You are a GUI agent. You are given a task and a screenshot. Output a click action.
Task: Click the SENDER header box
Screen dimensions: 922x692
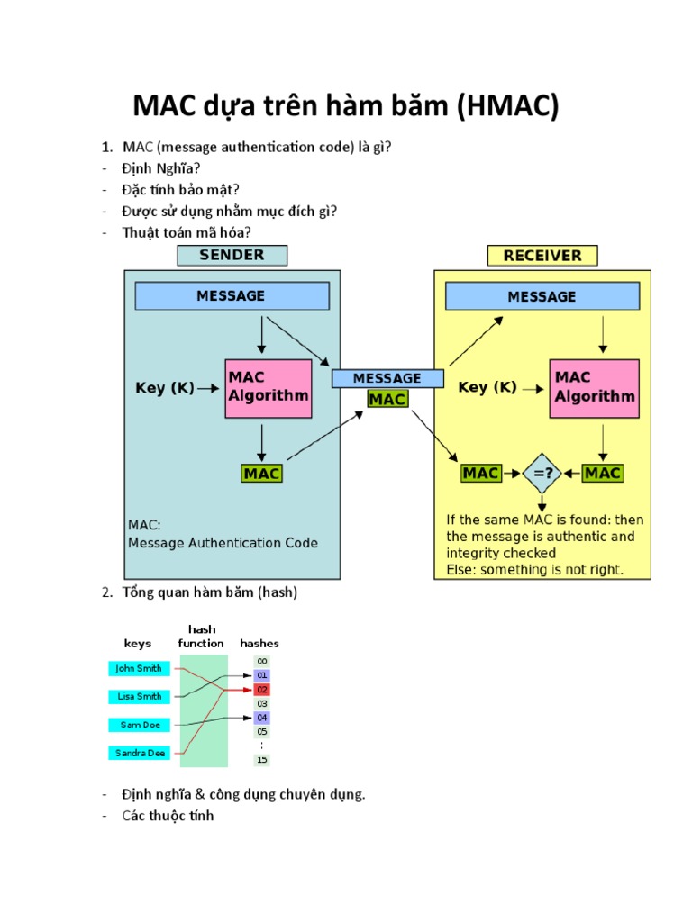[x=232, y=255]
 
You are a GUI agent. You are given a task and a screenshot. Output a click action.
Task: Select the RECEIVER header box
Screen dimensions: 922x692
[x=542, y=255]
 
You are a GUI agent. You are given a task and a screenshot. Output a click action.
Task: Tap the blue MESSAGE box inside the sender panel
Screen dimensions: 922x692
[x=232, y=295]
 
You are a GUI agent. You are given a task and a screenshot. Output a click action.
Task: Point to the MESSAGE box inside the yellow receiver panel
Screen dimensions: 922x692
[x=542, y=296]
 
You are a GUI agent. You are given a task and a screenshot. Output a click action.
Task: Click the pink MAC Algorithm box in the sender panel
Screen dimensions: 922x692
[x=268, y=388]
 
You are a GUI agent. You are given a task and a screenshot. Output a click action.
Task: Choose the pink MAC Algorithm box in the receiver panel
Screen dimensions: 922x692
[x=594, y=388]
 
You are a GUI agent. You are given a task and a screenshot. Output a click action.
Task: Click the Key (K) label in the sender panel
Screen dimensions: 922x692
[x=165, y=388]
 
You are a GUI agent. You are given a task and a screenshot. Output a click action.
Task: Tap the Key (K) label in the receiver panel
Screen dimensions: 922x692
[x=487, y=387]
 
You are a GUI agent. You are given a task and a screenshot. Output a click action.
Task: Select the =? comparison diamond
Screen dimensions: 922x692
[x=542, y=473]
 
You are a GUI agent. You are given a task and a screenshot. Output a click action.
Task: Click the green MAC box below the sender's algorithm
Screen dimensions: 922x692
[x=262, y=473]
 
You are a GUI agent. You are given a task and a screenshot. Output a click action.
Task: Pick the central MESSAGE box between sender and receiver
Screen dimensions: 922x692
[x=387, y=378]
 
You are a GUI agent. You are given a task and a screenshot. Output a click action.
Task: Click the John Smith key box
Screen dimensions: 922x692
[x=139, y=668]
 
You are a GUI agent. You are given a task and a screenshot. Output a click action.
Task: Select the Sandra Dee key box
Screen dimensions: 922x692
[x=141, y=753]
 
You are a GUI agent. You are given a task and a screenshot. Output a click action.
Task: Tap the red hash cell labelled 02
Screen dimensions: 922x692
[x=262, y=689]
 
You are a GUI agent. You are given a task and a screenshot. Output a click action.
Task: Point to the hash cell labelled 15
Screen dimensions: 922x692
[x=262, y=759]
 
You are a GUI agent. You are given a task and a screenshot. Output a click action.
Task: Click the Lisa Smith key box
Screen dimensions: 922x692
[x=139, y=696]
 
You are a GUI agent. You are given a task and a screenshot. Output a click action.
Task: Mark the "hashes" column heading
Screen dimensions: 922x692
[x=259, y=643]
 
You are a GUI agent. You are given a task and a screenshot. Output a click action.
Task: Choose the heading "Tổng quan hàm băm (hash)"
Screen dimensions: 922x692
[x=209, y=592]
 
